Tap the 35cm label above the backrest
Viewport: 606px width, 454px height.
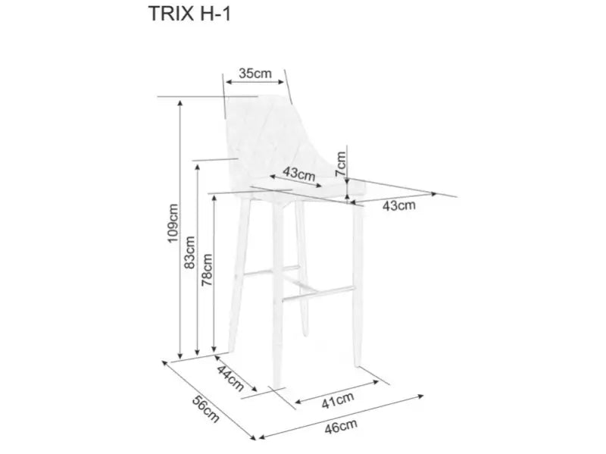click(255, 73)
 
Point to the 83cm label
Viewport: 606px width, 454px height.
click(189, 252)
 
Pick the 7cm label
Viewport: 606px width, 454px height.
click(341, 161)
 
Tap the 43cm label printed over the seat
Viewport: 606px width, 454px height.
click(298, 174)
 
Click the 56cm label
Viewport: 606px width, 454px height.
click(205, 409)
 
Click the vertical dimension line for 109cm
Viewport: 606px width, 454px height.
click(180, 227)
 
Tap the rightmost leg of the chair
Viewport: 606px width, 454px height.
click(356, 288)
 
